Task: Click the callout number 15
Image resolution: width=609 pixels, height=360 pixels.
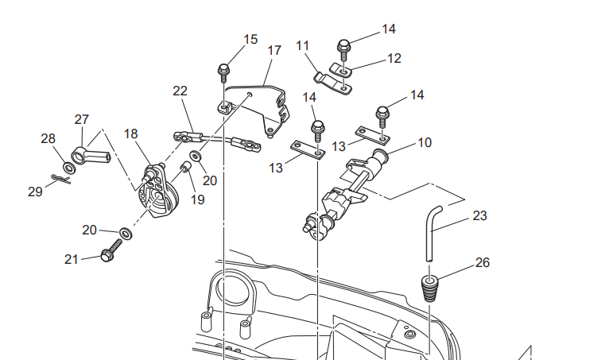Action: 250,39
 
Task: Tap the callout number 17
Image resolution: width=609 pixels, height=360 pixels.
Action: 274,51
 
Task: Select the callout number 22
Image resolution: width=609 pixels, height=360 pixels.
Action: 180,91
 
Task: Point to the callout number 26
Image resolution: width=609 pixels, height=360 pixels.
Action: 483,262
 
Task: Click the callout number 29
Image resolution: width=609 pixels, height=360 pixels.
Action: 35,192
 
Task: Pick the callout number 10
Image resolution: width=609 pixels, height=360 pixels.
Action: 425,142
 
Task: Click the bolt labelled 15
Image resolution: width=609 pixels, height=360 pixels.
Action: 223,73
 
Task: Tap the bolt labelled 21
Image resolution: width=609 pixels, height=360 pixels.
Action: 111,250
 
